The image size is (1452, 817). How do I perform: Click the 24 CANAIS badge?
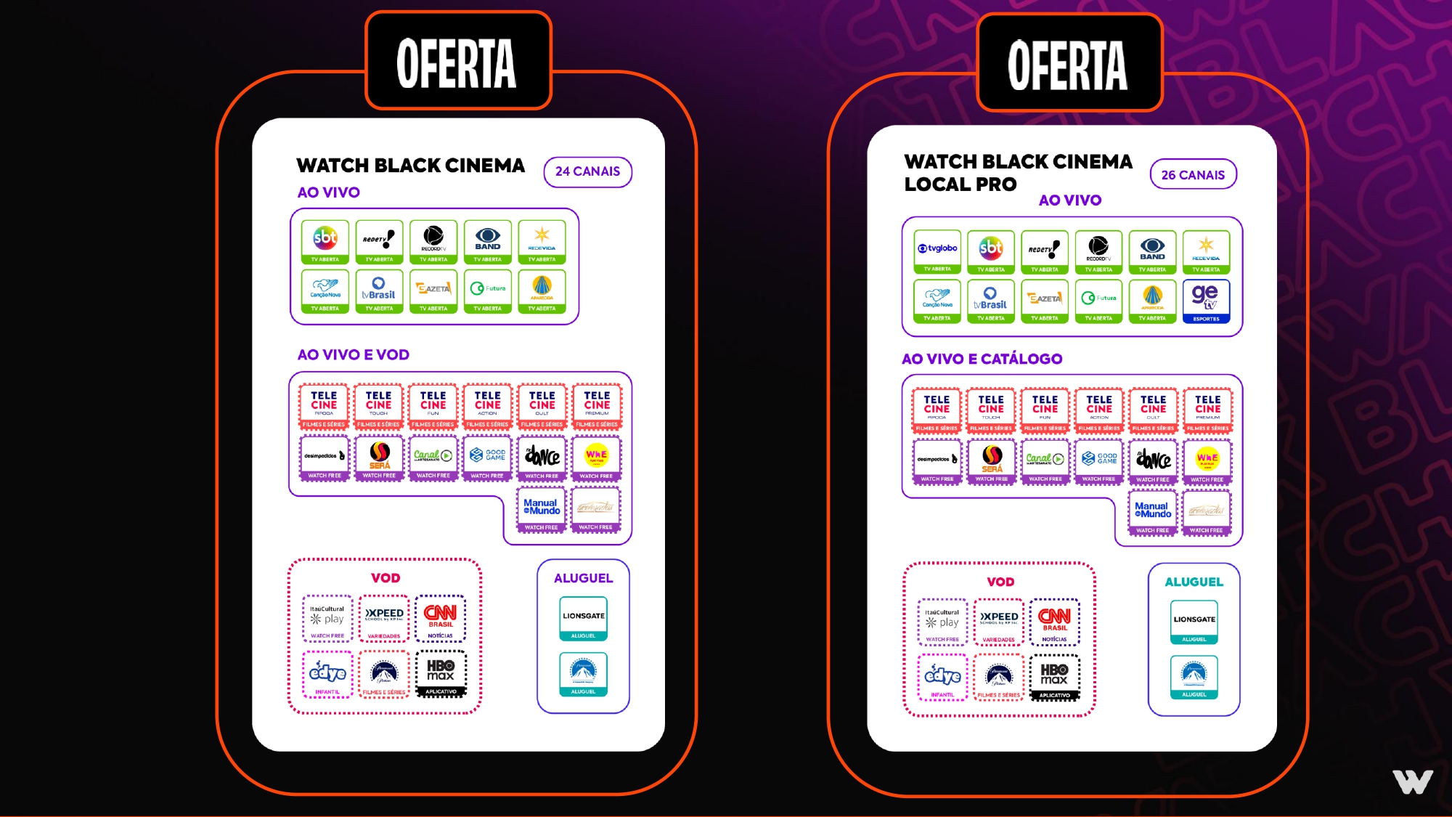587,172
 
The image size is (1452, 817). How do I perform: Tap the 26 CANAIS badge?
1193,175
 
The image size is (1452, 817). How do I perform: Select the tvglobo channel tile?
937,251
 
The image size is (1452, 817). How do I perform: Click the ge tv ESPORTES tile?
1206,301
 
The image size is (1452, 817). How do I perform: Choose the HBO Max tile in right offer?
1054,677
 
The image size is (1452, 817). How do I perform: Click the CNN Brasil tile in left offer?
440,618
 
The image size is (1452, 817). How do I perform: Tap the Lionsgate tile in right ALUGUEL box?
1194,622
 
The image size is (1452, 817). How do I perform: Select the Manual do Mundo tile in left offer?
541,510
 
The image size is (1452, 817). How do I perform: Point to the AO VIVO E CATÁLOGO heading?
982,359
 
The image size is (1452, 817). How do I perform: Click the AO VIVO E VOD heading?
353,354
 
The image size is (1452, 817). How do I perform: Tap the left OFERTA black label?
457,62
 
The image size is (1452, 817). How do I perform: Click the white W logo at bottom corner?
1412,781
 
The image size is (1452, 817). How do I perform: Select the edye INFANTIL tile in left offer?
327,675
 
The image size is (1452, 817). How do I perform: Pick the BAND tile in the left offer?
487,242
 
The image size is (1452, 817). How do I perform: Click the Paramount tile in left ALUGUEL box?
583,674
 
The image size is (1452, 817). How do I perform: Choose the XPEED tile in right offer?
999,622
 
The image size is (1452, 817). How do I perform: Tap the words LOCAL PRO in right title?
960,184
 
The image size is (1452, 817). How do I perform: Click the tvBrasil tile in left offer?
378,291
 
